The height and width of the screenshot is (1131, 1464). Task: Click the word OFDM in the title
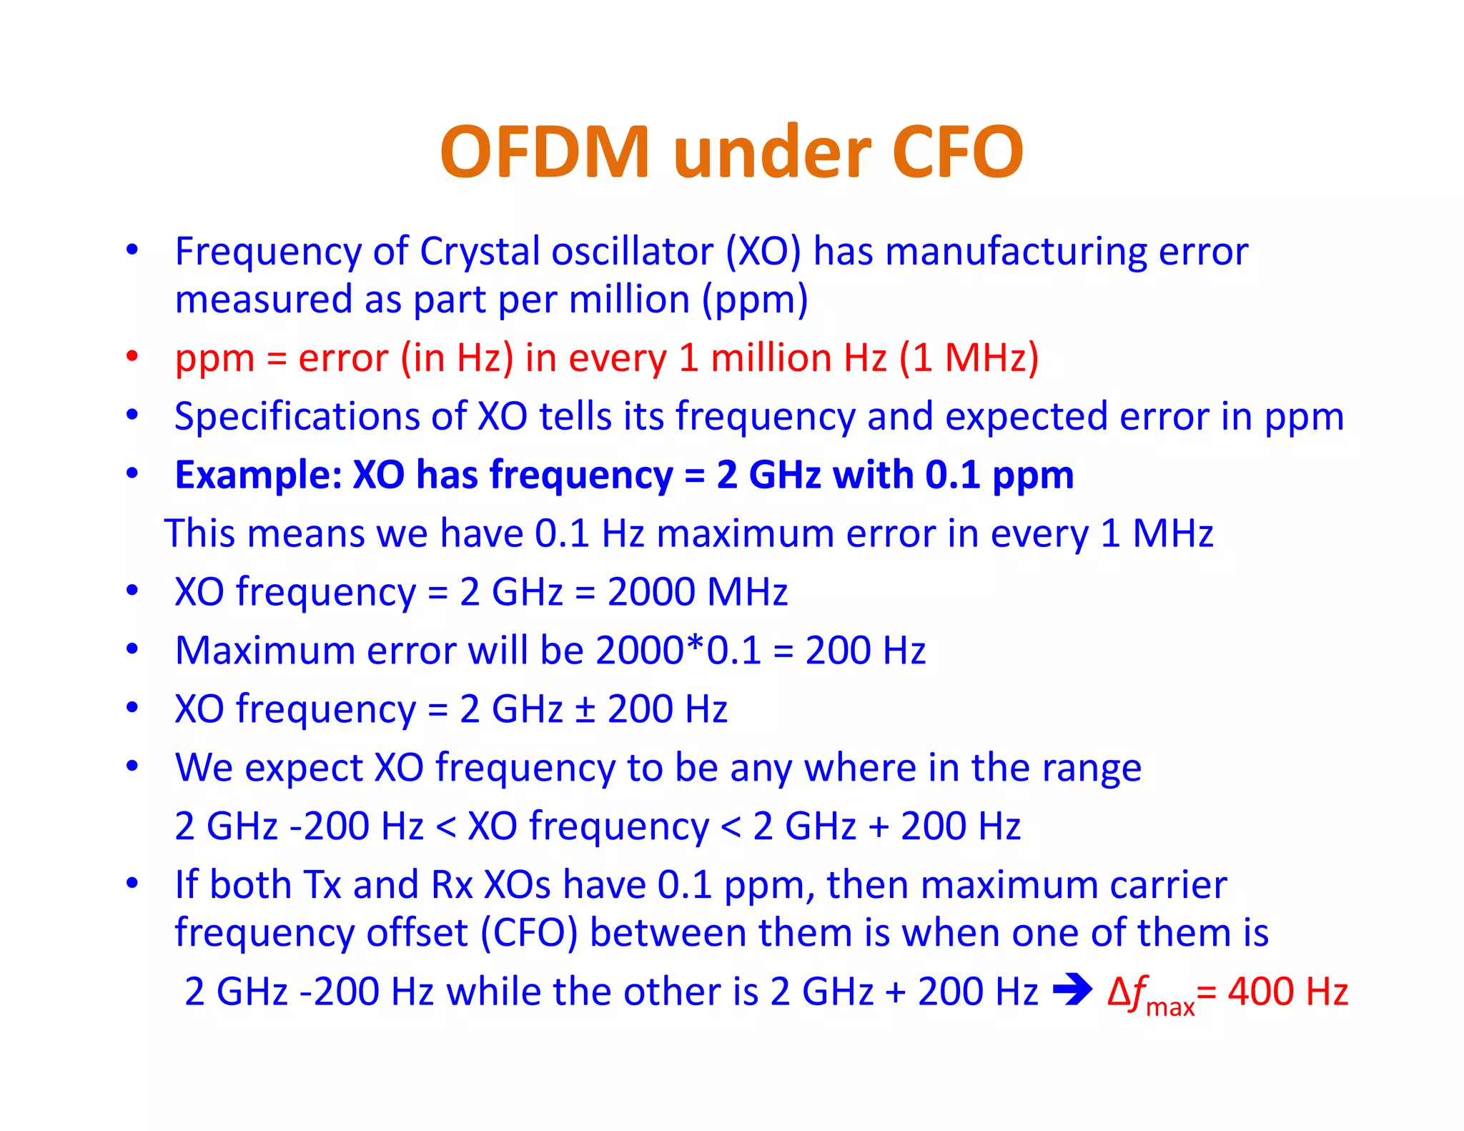[x=545, y=152]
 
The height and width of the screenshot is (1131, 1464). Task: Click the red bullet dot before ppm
[x=132, y=356]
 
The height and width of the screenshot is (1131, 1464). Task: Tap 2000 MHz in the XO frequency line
[x=697, y=593]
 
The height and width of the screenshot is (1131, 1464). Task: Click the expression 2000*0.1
[x=678, y=651]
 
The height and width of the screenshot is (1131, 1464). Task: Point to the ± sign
[x=585, y=710]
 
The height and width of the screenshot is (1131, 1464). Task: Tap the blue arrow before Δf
[x=1072, y=991]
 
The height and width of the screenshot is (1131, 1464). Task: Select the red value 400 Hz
[x=1287, y=992]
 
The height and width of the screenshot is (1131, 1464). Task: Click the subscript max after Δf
[x=1170, y=1007]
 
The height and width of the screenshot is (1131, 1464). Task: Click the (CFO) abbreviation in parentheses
[x=529, y=933]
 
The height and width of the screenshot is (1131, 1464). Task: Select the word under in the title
[x=771, y=152]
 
